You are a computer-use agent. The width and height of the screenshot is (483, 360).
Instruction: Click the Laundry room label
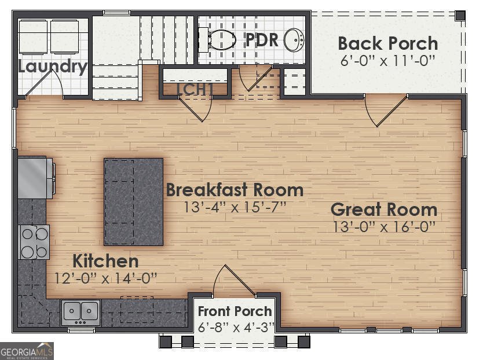(52, 67)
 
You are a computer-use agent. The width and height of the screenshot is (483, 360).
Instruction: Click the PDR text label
(262, 40)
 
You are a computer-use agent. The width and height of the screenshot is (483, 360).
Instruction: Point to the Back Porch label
(387, 43)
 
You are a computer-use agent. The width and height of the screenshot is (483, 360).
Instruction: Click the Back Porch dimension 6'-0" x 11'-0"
(387, 60)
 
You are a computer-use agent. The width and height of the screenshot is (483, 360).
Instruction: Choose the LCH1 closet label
(195, 89)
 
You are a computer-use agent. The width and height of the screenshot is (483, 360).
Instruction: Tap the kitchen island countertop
(133, 201)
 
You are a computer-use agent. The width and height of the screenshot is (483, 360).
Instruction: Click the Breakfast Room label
(235, 190)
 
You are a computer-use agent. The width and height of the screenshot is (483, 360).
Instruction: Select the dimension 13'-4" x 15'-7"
(235, 207)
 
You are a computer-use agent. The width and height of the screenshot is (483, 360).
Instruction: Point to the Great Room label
(383, 210)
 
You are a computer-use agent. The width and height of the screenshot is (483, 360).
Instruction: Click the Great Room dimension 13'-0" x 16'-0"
(383, 227)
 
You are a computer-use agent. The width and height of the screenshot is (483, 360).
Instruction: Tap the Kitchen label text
(105, 260)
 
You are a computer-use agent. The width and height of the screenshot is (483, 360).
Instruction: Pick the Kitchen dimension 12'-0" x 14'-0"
(105, 278)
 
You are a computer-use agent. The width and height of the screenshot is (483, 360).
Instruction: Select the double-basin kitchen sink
(81, 311)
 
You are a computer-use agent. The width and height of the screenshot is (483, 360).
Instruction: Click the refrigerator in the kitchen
(35, 177)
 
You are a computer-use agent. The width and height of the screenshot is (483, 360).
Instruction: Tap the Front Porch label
(235, 311)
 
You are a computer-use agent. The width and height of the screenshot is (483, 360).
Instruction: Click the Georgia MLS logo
(27, 351)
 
